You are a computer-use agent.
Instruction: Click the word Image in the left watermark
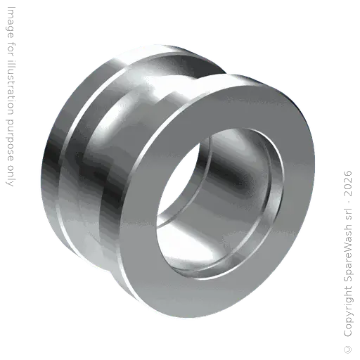click(11, 22)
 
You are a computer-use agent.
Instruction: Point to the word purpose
click(11, 139)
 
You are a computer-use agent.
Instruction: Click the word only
click(11, 174)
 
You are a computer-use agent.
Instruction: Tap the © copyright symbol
click(348, 349)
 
